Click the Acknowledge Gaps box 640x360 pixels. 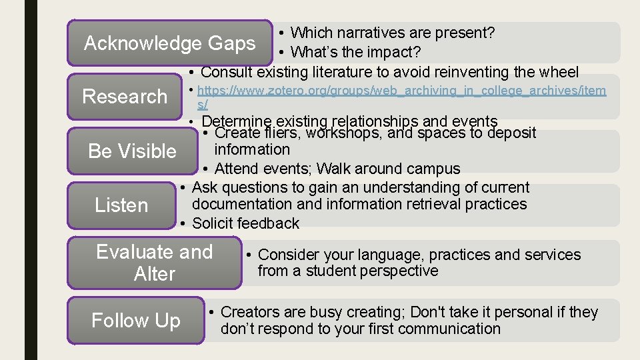(x=169, y=43)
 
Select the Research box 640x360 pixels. (x=125, y=97)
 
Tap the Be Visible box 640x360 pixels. (x=132, y=151)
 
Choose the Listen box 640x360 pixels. (x=121, y=205)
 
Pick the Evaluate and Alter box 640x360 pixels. (x=154, y=263)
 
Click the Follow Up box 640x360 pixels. (x=135, y=321)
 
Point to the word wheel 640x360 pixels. (x=558, y=72)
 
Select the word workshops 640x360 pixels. (x=345, y=133)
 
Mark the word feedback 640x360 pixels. (x=269, y=224)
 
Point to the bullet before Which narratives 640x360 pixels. (x=283, y=33)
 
